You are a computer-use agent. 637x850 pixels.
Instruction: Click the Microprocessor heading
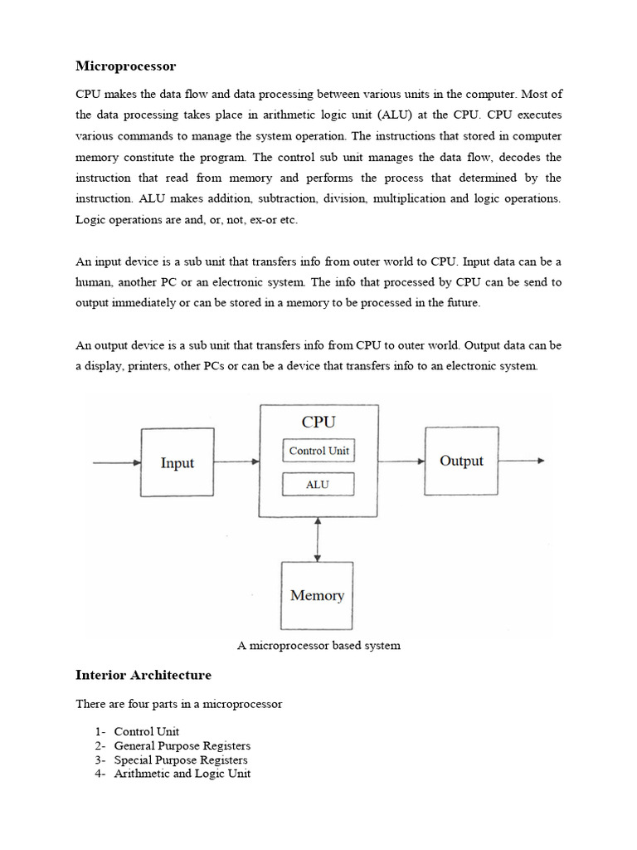coord(126,66)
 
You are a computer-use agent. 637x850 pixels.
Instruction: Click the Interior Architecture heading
coord(143,675)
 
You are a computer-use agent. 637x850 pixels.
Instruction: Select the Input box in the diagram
coord(177,462)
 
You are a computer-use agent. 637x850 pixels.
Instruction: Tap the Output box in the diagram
coord(461,461)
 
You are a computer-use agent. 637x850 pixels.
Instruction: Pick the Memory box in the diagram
coord(317,595)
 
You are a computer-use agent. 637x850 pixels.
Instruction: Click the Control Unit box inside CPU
coord(318,451)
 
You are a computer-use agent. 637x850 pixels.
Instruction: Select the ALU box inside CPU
coord(318,484)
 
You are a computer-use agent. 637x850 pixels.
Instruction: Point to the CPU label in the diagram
coord(318,422)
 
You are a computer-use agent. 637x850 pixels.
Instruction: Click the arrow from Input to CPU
coord(236,462)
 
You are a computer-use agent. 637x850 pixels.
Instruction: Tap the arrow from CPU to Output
coord(402,461)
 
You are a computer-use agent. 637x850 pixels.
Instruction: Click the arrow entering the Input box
coord(117,463)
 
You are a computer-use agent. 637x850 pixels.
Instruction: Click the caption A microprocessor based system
coord(318,645)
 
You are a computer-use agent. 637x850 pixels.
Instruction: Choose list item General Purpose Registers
coord(182,745)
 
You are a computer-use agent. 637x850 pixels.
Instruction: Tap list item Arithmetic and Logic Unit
coord(182,773)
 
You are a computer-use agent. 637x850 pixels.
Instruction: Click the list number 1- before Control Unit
coord(100,732)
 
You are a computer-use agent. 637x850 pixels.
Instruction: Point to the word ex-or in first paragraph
coord(254,220)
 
